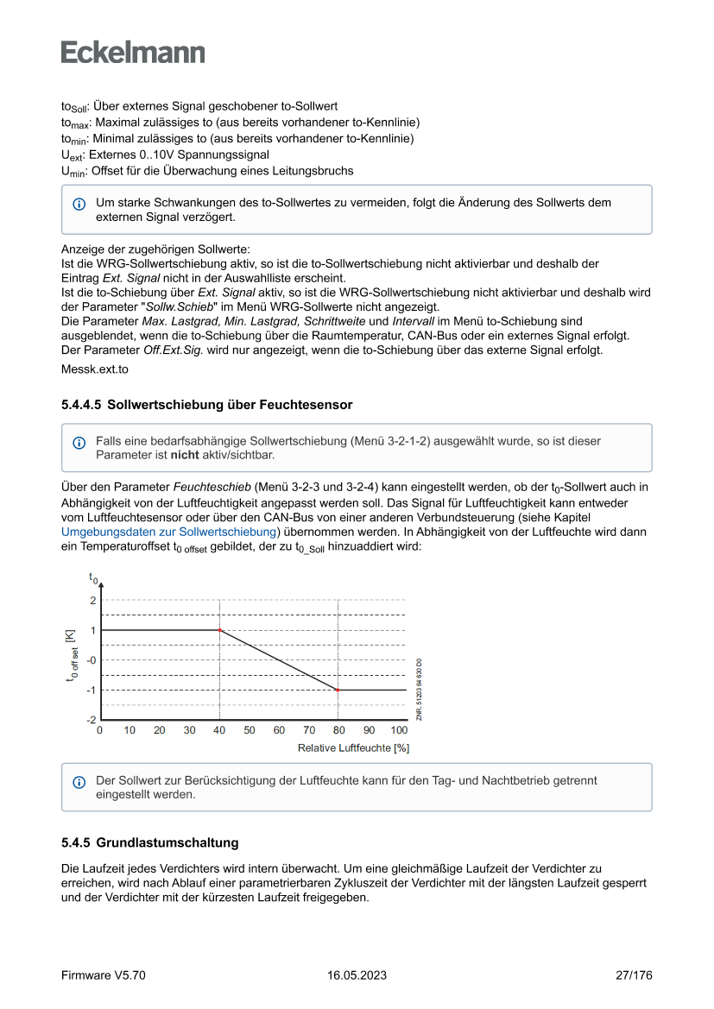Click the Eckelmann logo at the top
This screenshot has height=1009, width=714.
pos(133,53)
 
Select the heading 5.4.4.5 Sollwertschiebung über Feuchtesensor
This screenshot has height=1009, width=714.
pos(206,404)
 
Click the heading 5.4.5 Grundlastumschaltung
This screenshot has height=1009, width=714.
pos(149,842)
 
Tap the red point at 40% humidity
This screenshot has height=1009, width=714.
pos(219,630)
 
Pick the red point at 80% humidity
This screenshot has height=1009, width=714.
pos(338,690)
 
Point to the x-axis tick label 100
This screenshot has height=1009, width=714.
pos(398,730)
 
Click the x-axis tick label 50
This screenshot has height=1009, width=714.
pos(250,730)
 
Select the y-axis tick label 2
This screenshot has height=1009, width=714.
pos(92,600)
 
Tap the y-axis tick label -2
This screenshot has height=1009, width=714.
pos(91,719)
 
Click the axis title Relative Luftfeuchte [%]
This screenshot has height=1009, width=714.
pos(353,747)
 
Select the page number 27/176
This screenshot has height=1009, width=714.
pos(634,975)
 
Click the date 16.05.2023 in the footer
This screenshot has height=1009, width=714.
pos(357,975)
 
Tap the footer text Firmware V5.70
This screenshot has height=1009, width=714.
pos(103,975)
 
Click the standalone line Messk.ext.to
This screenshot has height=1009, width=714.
pos(94,369)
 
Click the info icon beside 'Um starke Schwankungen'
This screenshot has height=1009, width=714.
pos(79,205)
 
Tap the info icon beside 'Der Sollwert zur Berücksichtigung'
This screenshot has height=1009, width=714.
pos(79,782)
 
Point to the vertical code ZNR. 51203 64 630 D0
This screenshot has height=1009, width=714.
pos(419,689)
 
